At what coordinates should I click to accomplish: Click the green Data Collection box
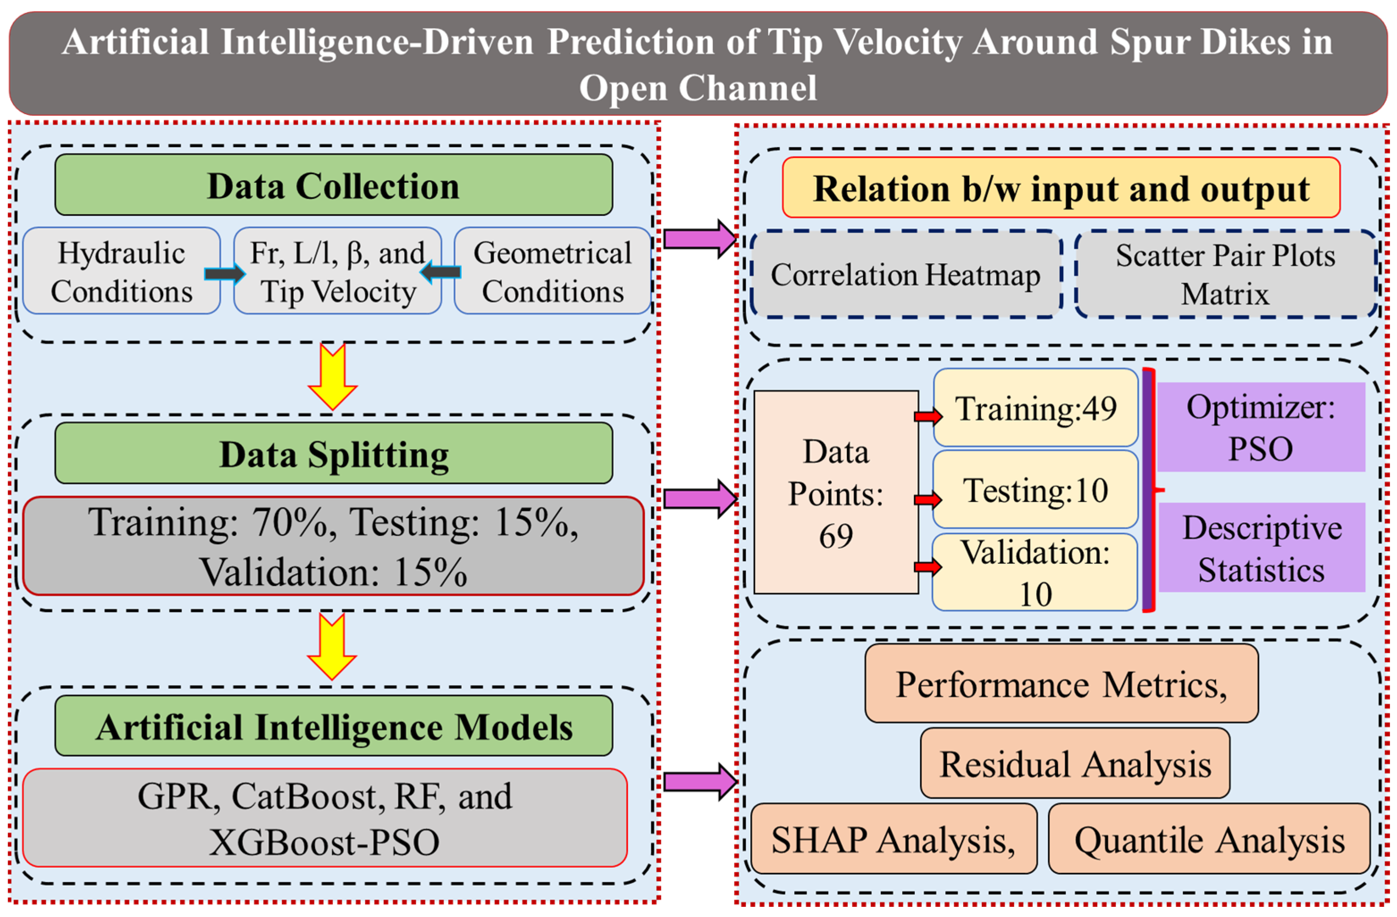click(x=333, y=185)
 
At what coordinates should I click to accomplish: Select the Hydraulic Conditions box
click(x=121, y=271)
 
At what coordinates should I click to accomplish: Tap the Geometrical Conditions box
click(x=552, y=271)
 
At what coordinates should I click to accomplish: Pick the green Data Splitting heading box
click(x=333, y=453)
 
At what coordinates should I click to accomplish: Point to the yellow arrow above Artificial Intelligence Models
click(x=332, y=647)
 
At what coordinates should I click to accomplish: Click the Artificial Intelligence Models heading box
click(x=333, y=726)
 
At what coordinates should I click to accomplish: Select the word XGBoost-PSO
click(x=324, y=842)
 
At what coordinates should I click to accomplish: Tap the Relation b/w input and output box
click(x=1061, y=187)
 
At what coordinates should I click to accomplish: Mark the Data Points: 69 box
click(x=836, y=492)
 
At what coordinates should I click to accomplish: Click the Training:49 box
click(x=1035, y=408)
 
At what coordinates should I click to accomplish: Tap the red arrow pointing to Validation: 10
click(x=928, y=567)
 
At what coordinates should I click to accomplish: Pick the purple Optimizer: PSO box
click(x=1261, y=427)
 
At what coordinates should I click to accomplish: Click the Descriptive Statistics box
click(x=1262, y=547)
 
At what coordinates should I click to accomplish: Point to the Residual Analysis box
click(x=1075, y=763)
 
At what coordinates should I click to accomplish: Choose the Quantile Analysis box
click(x=1209, y=839)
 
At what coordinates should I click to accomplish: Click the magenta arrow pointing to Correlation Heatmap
click(x=700, y=239)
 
